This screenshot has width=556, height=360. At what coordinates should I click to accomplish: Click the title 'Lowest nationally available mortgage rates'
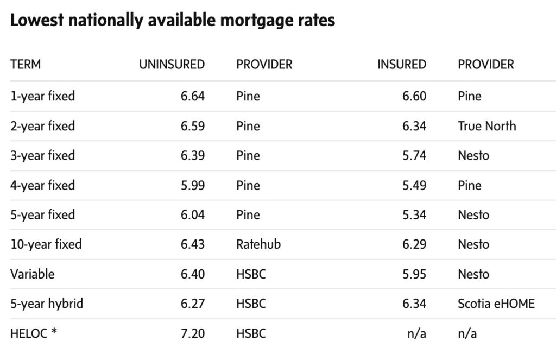[x=173, y=21]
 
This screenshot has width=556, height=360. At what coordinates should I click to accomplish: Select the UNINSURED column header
[x=172, y=64]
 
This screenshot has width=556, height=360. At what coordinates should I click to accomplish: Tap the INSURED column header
[x=401, y=64]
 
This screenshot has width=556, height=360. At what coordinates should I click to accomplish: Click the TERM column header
[x=26, y=64]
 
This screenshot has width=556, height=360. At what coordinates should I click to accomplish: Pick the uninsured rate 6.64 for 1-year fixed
[x=193, y=97]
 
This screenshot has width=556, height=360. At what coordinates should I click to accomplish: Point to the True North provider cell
[x=486, y=126]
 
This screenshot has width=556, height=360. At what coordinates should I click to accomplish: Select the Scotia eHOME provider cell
[x=496, y=304]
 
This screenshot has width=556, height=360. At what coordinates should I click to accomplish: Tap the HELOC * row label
[x=34, y=333]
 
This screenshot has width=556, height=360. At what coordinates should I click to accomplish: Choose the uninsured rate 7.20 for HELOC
[x=193, y=333]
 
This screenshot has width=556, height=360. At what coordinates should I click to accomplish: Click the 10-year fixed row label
[x=46, y=244]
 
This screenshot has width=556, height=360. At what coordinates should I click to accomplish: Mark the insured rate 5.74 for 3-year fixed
[x=414, y=156]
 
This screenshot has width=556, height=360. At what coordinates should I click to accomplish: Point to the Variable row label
[x=33, y=274]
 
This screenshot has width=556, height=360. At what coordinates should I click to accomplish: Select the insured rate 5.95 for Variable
[x=414, y=274]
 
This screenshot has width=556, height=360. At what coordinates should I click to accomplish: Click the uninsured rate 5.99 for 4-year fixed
[x=193, y=185]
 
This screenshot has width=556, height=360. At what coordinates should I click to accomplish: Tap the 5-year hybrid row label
[x=47, y=304]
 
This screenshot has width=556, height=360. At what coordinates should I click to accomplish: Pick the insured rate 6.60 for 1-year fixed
[x=414, y=97]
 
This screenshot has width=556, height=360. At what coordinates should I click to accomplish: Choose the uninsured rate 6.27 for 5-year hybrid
[x=193, y=304]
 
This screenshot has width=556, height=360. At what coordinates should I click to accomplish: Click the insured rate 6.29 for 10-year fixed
[x=414, y=244]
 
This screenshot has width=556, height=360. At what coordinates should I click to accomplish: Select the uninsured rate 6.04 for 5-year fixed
[x=193, y=215]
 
